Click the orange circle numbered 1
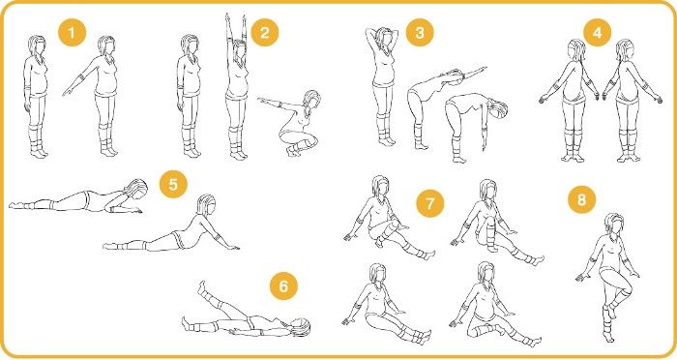click(x=72, y=32)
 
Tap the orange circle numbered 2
click(x=265, y=32)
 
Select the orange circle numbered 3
click(x=420, y=32)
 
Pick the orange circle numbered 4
click(x=598, y=32)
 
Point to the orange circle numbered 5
click(x=173, y=184)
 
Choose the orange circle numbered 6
click(x=283, y=286)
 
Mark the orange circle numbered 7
click(x=430, y=203)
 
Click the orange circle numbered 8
click(x=581, y=199)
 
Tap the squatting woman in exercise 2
click(x=294, y=123)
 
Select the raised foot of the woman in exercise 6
click(x=201, y=286)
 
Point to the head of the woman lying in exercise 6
click(x=299, y=327)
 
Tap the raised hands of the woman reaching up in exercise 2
click(x=234, y=19)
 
